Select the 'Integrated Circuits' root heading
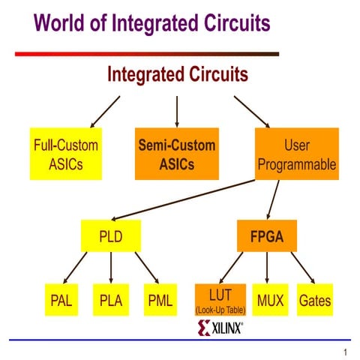[x=178, y=75]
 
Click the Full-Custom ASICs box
[x=66, y=154]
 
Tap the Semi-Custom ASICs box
[x=176, y=154]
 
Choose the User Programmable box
[x=297, y=154]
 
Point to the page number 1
[x=344, y=352]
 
